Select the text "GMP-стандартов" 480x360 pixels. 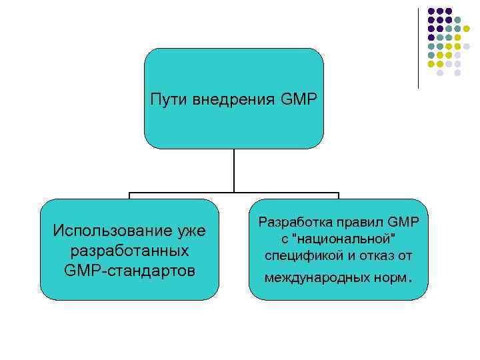pos(129,271)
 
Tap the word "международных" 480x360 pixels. pos(313,275)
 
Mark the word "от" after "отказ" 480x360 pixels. pos(406,256)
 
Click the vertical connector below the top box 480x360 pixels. pos(234,171)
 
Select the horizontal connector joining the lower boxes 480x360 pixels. pos(234,194)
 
